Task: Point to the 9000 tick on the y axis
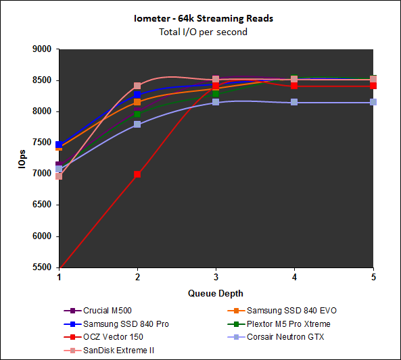pyautogui.click(x=42, y=49)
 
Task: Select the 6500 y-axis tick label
pyautogui.click(x=42, y=205)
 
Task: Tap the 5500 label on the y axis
pyautogui.click(x=42, y=267)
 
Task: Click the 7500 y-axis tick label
pyautogui.click(x=42, y=143)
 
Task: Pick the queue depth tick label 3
pyautogui.click(x=216, y=278)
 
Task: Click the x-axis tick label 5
pyautogui.click(x=373, y=278)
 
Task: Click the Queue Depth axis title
pyautogui.click(x=216, y=294)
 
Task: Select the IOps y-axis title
pyautogui.click(x=24, y=158)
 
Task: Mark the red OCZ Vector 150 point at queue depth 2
pyautogui.click(x=137, y=174)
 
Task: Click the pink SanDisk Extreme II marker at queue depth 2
pyautogui.click(x=137, y=86)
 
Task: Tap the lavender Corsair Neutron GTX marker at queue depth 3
pyautogui.click(x=216, y=102)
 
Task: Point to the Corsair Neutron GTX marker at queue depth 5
pyautogui.click(x=373, y=102)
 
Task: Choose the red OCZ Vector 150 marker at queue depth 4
pyautogui.click(x=294, y=86)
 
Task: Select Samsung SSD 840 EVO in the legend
pyautogui.click(x=291, y=311)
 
